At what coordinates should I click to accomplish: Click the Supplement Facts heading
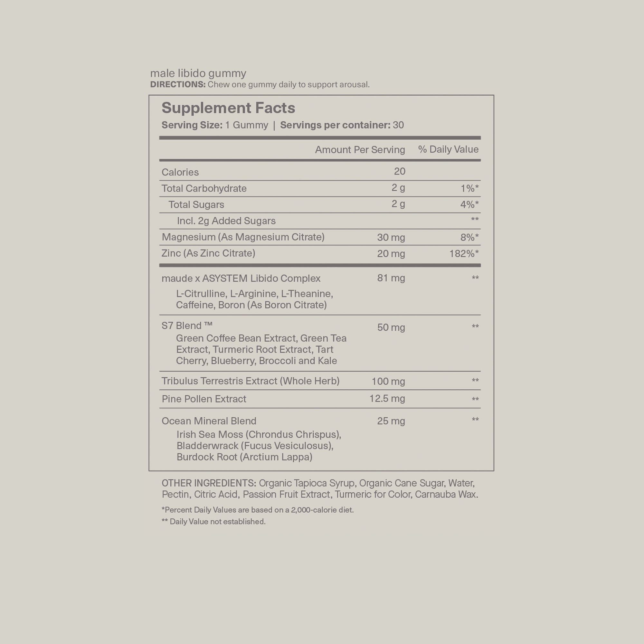click(x=228, y=108)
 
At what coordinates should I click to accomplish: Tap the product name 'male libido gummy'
click(x=198, y=73)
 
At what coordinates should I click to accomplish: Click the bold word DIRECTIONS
click(x=178, y=85)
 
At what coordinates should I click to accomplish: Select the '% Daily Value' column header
click(x=448, y=149)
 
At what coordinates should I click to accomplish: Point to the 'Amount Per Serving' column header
click(x=360, y=150)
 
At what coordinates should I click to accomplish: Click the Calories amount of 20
click(x=399, y=171)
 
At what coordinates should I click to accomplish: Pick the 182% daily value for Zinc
click(x=464, y=254)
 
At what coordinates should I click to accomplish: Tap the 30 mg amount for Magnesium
click(x=391, y=237)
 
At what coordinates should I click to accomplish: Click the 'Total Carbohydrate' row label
click(x=204, y=188)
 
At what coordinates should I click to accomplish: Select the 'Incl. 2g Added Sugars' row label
click(x=226, y=221)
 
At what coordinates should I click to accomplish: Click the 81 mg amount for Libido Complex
click(x=391, y=278)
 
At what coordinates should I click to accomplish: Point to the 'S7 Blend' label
click(x=187, y=325)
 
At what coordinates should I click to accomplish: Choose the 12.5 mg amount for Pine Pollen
click(x=387, y=399)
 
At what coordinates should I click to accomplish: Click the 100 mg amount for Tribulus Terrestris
click(x=388, y=381)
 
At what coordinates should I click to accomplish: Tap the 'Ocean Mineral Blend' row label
click(x=209, y=421)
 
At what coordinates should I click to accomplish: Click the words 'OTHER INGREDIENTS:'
click(x=209, y=483)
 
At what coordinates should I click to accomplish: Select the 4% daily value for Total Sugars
click(x=469, y=204)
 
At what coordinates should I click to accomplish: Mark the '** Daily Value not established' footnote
click(x=213, y=522)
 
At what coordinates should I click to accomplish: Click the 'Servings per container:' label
click(x=335, y=125)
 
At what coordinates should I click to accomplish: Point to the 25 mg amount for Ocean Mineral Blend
click(x=391, y=421)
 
